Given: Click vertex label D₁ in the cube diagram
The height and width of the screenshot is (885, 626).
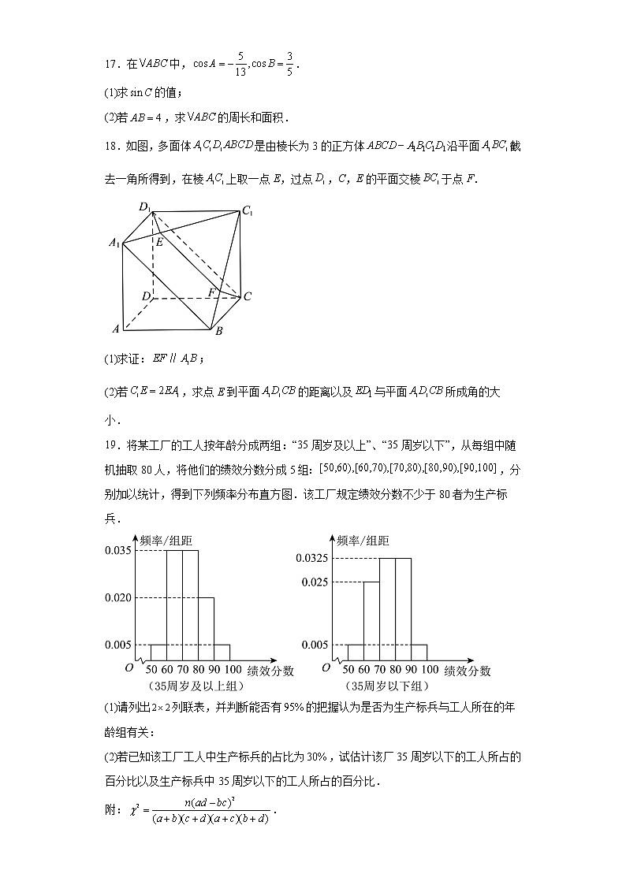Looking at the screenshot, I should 144,207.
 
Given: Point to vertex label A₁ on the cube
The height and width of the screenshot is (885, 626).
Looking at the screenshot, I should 114,244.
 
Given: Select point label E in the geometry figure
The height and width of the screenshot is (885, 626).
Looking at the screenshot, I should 158,242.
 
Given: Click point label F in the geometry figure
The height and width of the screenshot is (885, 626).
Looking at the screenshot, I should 211,292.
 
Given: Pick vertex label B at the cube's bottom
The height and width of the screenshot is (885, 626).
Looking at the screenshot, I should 218,331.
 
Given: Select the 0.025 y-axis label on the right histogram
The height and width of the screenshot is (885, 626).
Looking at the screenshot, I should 314,582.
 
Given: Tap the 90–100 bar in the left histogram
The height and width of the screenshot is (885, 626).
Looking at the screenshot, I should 222,652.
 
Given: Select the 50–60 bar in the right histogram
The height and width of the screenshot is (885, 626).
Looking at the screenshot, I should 356,652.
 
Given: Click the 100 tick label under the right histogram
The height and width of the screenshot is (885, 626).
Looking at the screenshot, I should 430,671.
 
